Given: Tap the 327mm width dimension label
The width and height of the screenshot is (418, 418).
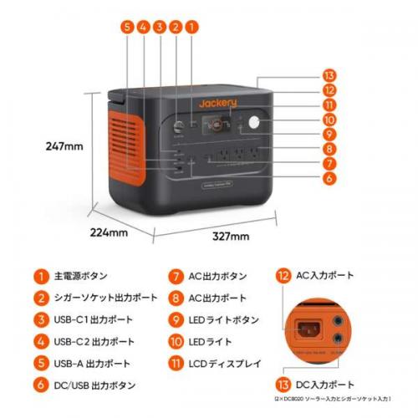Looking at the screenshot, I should click(x=230, y=237).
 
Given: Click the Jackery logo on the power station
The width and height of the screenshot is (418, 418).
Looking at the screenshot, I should click(x=218, y=103).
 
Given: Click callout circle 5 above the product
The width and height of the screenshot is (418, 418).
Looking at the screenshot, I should click(x=127, y=27).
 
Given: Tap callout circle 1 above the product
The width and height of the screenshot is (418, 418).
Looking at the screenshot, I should click(x=191, y=27).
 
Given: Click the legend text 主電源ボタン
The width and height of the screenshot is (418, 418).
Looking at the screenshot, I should click(x=80, y=275).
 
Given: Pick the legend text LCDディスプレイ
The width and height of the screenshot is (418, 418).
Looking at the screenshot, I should click(x=226, y=364).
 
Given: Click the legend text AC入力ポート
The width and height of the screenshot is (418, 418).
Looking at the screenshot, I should click(x=325, y=275).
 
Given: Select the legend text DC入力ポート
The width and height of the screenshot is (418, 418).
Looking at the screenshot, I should click(x=325, y=384).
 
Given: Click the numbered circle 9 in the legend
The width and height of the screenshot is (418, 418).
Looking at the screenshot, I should click(x=175, y=319).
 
